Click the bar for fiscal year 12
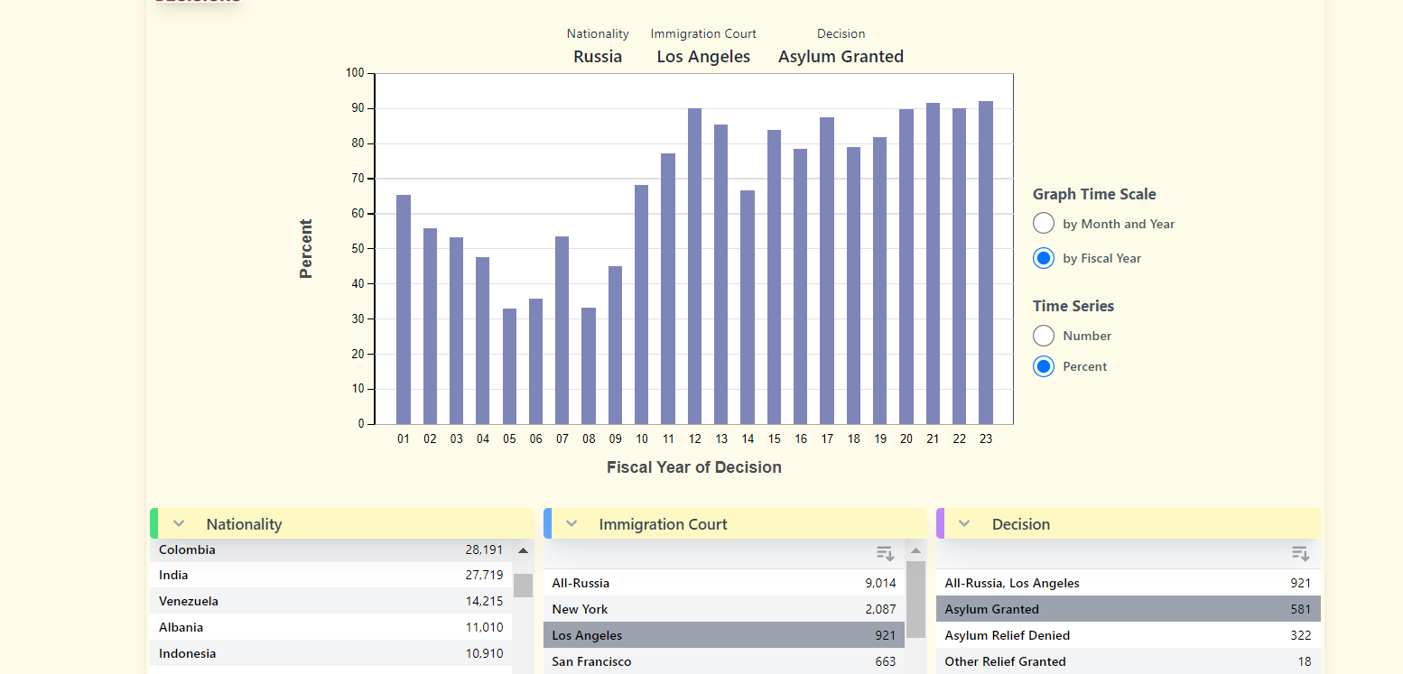pos(694,266)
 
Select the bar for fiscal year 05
pos(509,366)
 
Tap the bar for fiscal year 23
pos(986,263)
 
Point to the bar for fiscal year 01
pos(404,309)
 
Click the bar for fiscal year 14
pos(748,307)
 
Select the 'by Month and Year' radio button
pos(1044,224)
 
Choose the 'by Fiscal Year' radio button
pos(1044,258)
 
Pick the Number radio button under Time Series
pos(1044,336)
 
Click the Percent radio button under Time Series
pos(1044,366)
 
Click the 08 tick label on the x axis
pos(589,439)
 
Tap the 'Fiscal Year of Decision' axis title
pos(693,467)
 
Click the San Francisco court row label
pos(591,661)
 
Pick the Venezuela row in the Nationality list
pos(189,601)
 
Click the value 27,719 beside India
pos(484,575)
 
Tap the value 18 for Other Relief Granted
pos(1304,661)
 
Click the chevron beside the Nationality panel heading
pos(179,524)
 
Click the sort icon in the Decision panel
pos(1300,553)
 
